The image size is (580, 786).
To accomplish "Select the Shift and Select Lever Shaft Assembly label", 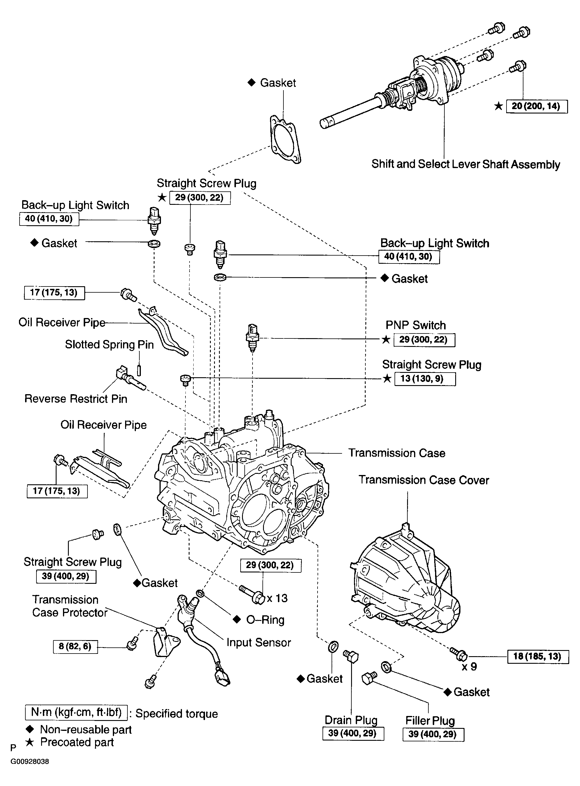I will [x=465, y=164].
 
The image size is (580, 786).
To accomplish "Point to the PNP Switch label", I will [x=416, y=325].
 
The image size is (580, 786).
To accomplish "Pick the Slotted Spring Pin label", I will [x=109, y=345].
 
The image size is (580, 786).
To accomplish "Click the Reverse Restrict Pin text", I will [x=76, y=399].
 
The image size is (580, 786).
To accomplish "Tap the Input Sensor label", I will [x=258, y=642].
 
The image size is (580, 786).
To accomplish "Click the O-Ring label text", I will [x=265, y=620].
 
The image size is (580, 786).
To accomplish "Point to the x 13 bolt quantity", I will [x=277, y=598].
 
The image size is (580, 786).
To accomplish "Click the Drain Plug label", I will [x=351, y=720].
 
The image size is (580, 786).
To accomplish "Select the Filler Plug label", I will [x=430, y=721].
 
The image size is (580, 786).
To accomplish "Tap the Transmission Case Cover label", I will [x=423, y=480].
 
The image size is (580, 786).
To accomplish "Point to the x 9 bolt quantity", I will [x=469, y=667].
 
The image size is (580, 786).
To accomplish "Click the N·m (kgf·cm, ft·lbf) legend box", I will [x=76, y=712].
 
